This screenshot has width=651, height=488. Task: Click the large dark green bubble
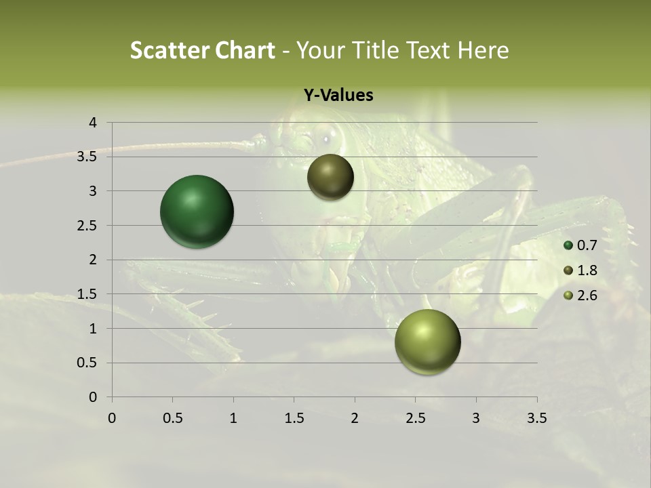click(197, 211)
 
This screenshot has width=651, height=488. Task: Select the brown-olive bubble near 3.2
click(330, 177)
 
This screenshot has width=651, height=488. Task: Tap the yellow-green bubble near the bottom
click(427, 342)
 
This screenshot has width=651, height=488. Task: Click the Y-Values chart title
click(338, 96)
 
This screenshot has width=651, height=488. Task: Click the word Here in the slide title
click(483, 50)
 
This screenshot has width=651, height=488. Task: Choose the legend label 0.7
click(587, 245)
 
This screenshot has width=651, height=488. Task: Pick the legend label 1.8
click(587, 270)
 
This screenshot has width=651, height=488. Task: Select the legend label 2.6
click(587, 296)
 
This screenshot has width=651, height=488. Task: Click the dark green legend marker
click(568, 245)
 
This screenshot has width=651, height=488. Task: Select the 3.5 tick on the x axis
click(536, 418)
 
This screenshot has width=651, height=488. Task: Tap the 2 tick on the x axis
click(355, 418)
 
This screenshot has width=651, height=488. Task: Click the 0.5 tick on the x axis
click(172, 418)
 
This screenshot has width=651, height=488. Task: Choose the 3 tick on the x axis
click(476, 418)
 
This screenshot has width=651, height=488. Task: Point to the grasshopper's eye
click(326, 139)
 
